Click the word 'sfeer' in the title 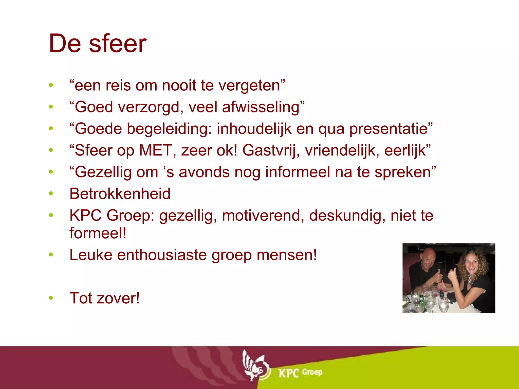118,44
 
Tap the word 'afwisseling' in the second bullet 261,107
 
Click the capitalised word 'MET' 156,150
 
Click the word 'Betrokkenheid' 120,194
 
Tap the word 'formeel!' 98,233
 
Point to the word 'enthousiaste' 162,255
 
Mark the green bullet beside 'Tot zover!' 51,298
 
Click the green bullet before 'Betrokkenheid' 51,194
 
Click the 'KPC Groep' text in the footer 300,373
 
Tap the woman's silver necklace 471,280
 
